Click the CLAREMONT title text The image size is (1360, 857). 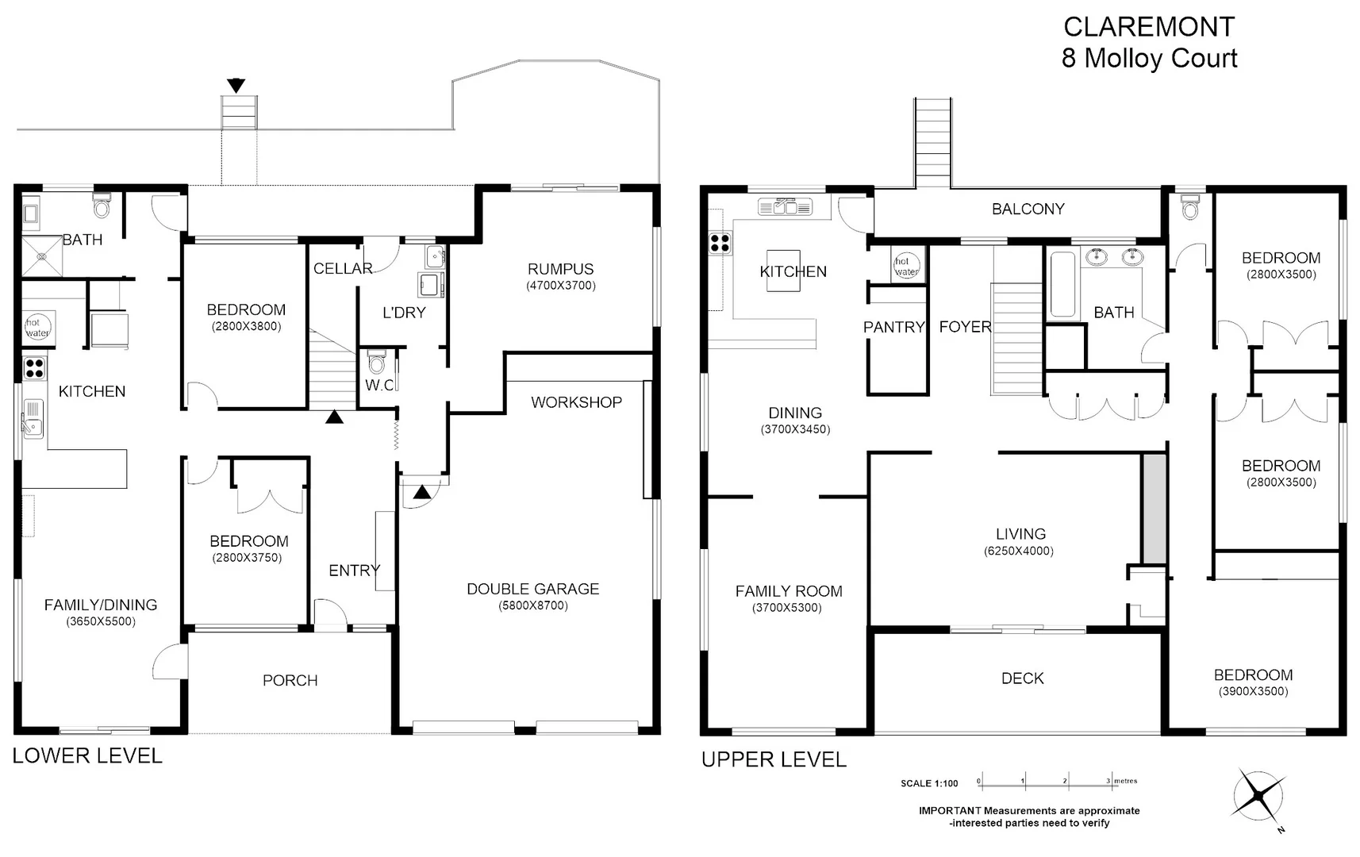pyautogui.click(x=1149, y=27)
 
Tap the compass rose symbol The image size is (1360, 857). pyautogui.click(x=1259, y=796)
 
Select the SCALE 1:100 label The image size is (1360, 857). pyautogui.click(x=929, y=783)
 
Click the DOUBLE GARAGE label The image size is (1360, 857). pyautogui.click(x=532, y=589)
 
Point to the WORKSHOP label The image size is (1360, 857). pyautogui.click(x=576, y=402)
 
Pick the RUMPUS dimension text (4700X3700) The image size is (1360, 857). pyautogui.click(x=561, y=286)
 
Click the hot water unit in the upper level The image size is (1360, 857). pyautogui.click(x=906, y=265)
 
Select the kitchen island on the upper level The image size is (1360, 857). pyautogui.click(x=783, y=271)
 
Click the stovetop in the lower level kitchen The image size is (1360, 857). pyautogui.click(x=35, y=368)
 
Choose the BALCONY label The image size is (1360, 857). pyautogui.click(x=1028, y=209)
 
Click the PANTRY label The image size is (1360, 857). pyautogui.click(x=893, y=328)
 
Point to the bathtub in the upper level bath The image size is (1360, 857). pyautogui.click(x=1062, y=283)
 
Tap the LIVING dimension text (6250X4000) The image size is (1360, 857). pyautogui.click(x=1019, y=551)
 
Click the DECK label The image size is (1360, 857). pyautogui.click(x=1023, y=678)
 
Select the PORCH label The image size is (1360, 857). pyautogui.click(x=290, y=680)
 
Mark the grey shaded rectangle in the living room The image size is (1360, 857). pyautogui.click(x=1154, y=509)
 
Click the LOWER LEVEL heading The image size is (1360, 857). pyautogui.click(x=87, y=755)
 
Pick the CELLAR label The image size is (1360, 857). pyautogui.click(x=343, y=268)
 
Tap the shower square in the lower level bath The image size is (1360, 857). pyautogui.click(x=42, y=256)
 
